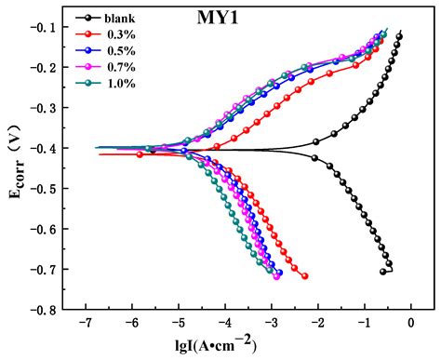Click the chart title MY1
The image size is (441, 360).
pyautogui.click(x=217, y=20)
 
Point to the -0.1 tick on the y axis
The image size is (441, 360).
pyautogui.click(x=57, y=27)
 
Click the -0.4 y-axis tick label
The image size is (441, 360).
pyautogui.click(x=57, y=148)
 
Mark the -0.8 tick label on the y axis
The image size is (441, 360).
pyautogui.click(x=57, y=309)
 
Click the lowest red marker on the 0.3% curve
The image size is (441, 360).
pyautogui.click(x=304, y=276)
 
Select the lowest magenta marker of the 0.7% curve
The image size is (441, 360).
pyautogui.click(x=276, y=276)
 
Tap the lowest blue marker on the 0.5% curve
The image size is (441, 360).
pyautogui.click(x=279, y=273)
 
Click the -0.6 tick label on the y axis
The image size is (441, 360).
pyautogui.click(x=57, y=229)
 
